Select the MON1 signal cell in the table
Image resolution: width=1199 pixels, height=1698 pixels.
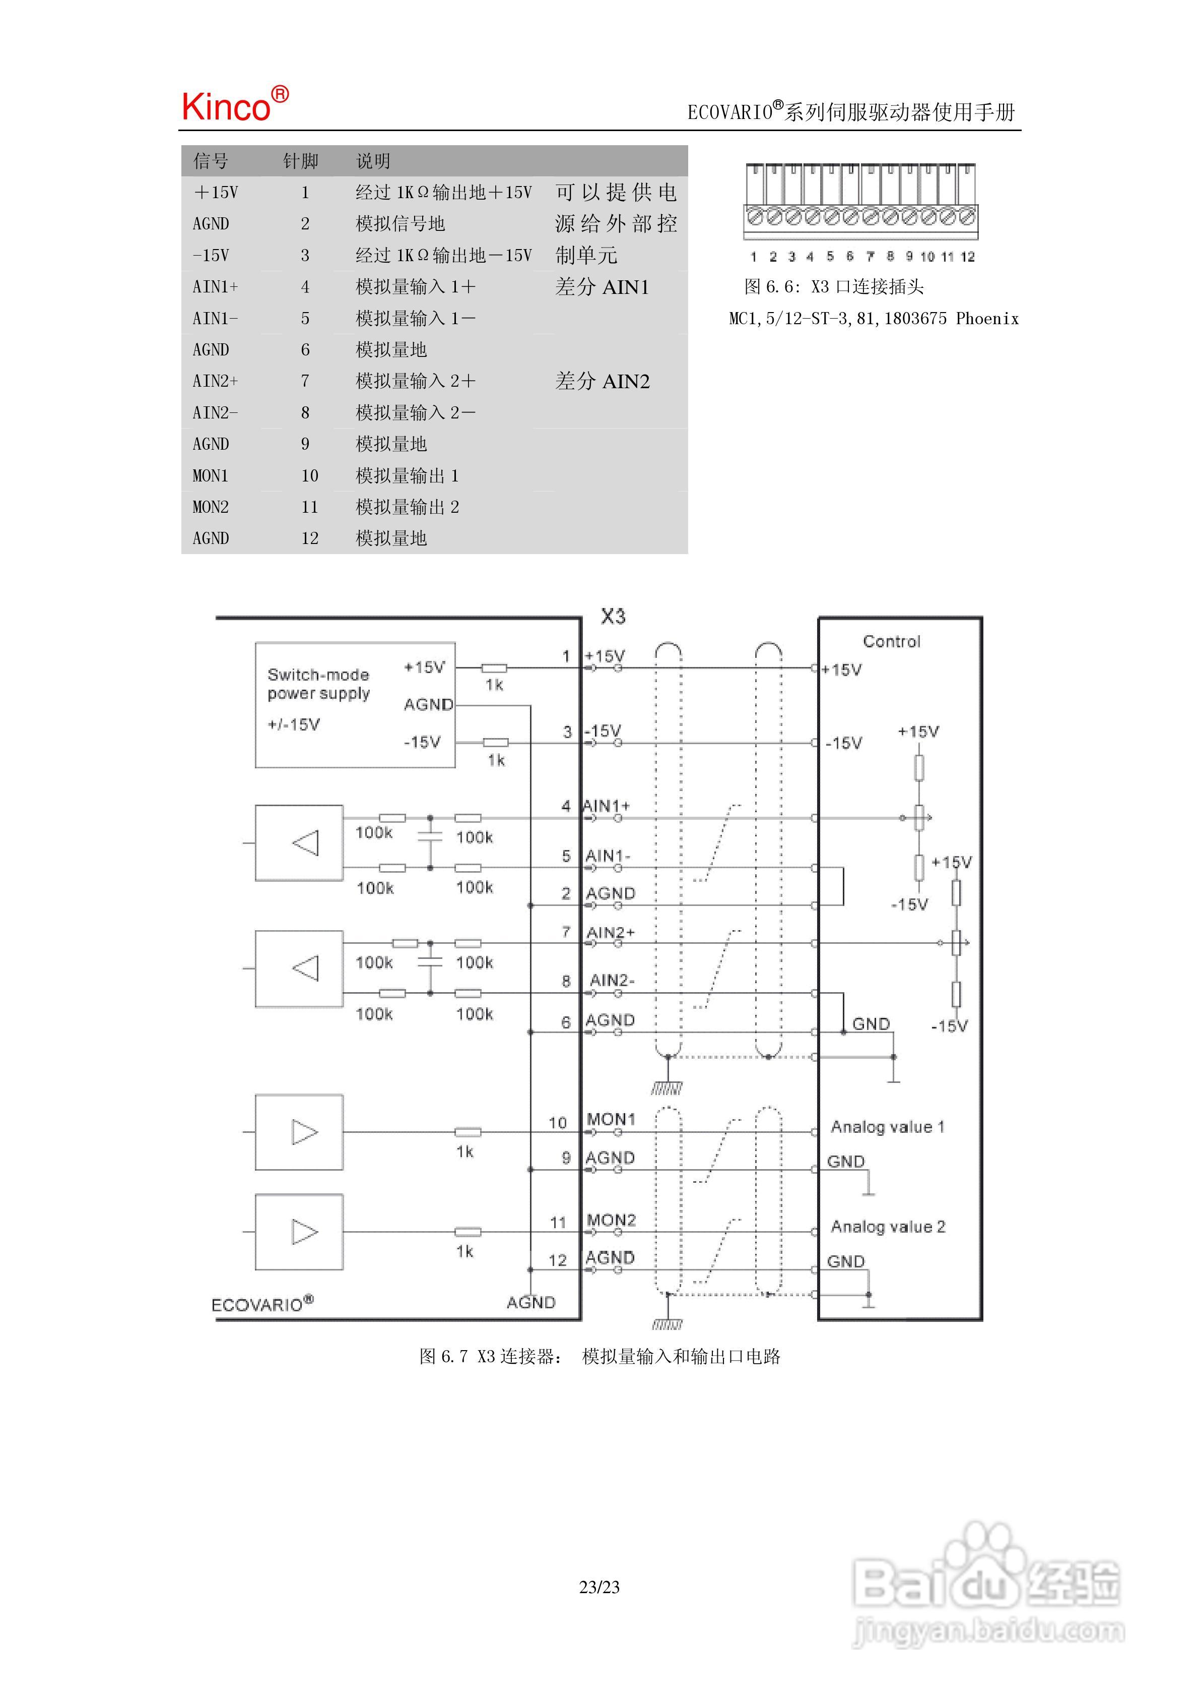click(x=211, y=475)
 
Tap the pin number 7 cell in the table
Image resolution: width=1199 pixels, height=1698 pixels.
click(x=305, y=381)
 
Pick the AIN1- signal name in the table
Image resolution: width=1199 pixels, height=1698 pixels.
click(x=215, y=318)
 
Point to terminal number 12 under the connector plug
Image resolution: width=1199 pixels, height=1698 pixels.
click(x=968, y=257)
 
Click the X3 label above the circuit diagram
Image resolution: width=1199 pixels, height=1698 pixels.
click(x=613, y=616)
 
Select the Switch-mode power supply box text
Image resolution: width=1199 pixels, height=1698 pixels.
click(x=318, y=684)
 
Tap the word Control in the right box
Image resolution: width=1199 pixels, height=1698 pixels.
click(x=892, y=641)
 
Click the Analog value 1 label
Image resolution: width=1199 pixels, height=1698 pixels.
click(x=887, y=1126)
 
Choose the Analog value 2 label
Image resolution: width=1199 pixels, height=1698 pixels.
click(x=887, y=1226)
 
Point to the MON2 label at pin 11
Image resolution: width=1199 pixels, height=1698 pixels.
click(x=611, y=1220)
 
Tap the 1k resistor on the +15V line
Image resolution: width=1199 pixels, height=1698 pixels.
click(x=493, y=668)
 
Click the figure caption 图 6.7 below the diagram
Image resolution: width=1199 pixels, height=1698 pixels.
click(x=599, y=1356)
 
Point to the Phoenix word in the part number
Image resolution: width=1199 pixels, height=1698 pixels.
click(x=987, y=319)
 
